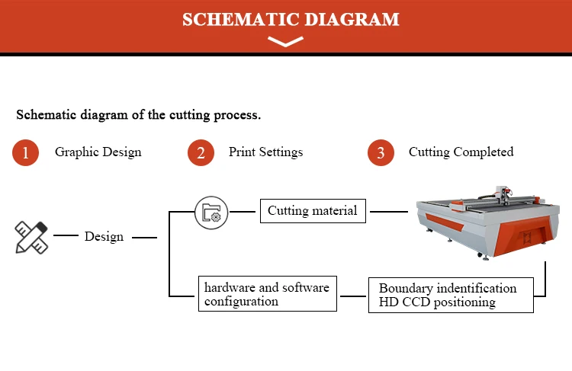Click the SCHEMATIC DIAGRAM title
291,20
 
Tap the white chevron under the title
285,42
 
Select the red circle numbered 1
25,152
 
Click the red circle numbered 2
201,152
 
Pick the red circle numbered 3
381,152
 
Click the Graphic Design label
98,152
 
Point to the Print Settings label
265,152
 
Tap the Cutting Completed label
461,152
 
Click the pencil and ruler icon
31,237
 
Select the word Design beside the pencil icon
104,237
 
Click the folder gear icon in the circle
211,213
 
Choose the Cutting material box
313,211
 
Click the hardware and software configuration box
268,294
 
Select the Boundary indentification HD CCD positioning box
451,295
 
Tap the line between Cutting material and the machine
389,211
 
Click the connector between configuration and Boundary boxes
353,296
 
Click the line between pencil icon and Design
66,235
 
